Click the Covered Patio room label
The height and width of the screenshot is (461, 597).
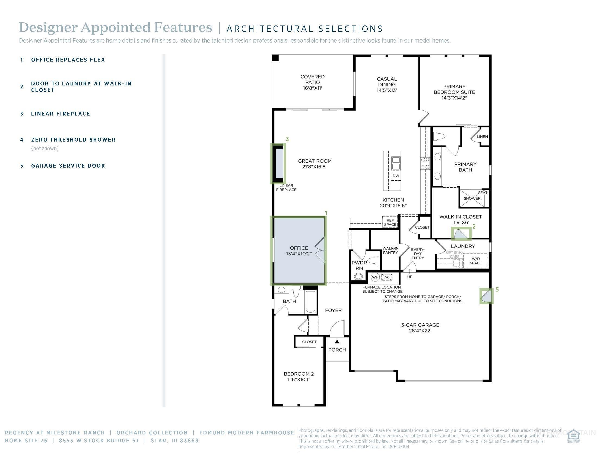tap(312, 82)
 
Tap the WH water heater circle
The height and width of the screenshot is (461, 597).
tap(375, 277)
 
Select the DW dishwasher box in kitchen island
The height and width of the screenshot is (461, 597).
tap(396, 176)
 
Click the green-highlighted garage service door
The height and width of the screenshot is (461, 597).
tap(487, 296)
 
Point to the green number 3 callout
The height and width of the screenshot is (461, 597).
tap(287, 139)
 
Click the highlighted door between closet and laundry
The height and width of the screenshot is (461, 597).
tap(461, 233)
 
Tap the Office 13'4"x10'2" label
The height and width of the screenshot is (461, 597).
tap(299, 251)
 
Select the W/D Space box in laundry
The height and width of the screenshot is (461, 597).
tap(476, 261)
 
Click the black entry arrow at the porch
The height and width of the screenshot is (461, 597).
tap(337, 341)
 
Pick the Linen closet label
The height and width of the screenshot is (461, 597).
tap(482, 137)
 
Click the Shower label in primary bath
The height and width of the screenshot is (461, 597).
tap(472, 199)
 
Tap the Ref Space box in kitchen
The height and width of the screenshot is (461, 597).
tap(390, 222)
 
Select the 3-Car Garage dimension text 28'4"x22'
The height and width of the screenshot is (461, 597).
tap(420, 331)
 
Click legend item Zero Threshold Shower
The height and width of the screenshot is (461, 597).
tap(73, 140)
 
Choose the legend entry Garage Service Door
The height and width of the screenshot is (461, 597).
tap(68, 166)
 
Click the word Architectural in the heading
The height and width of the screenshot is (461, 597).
tap(269, 29)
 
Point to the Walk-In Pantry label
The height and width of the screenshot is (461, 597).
tap(390, 251)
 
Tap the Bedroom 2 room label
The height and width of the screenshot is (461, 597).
tap(298, 376)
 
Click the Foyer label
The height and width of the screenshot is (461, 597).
tap(333, 310)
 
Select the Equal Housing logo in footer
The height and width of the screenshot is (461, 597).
tap(573, 436)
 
